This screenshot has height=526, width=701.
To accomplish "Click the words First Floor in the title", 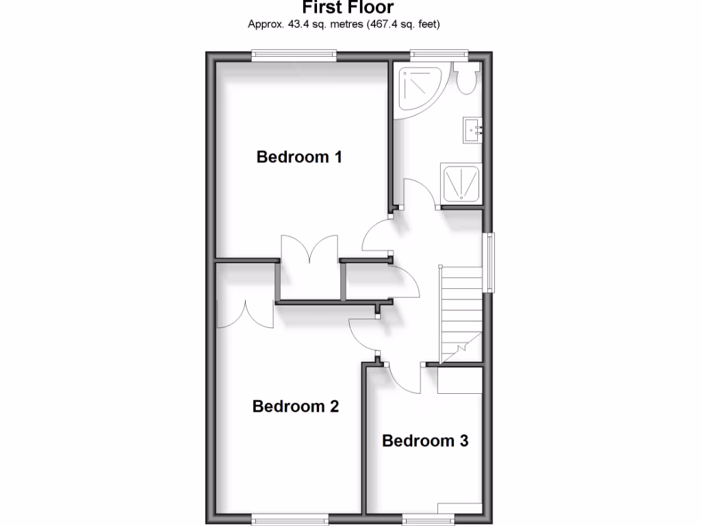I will point(348,8).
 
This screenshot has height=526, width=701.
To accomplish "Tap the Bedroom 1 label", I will point(299,157).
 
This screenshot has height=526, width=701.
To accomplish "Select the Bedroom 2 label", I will point(296,406).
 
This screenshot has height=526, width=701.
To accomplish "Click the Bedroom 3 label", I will point(425,440).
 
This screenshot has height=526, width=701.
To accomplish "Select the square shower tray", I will point(461,183).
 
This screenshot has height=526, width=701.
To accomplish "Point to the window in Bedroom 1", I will point(294,55).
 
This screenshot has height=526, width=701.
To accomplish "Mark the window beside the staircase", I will point(490,262).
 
